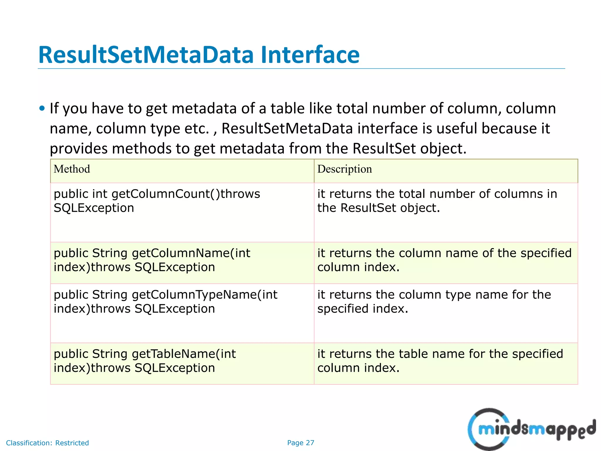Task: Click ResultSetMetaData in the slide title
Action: pyautogui.click(x=146, y=55)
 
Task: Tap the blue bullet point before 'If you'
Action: pyautogui.click(x=42, y=109)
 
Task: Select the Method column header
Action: pyautogui.click(x=72, y=169)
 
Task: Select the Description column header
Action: pyautogui.click(x=345, y=169)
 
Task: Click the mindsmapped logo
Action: pyautogui.click(x=531, y=429)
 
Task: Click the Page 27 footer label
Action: pyautogui.click(x=300, y=443)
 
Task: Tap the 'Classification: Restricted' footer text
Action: pyautogui.click(x=47, y=443)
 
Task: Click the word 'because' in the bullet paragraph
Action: pyautogui.click(x=509, y=129)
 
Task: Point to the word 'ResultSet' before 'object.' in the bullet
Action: pyautogui.click(x=384, y=149)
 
